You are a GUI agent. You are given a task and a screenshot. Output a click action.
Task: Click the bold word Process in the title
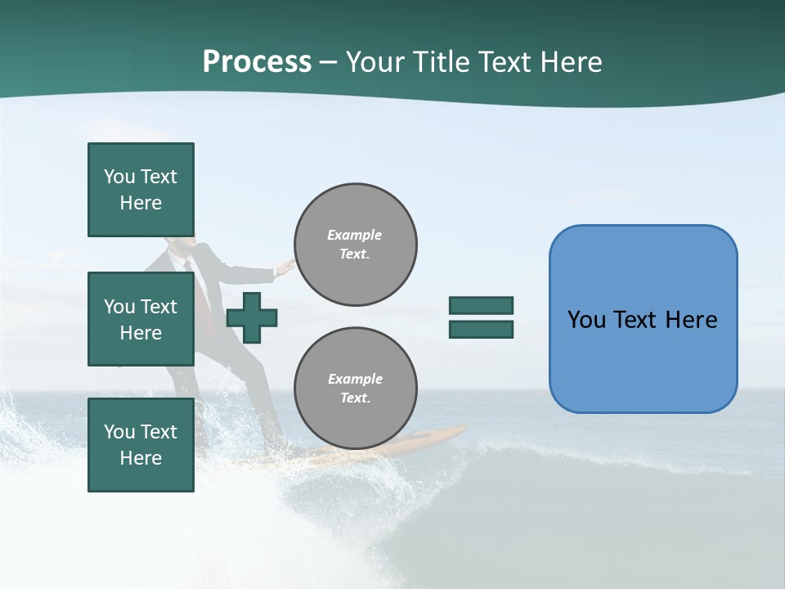click(257, 62)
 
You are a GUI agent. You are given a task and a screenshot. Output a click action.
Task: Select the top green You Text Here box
click(141, 190)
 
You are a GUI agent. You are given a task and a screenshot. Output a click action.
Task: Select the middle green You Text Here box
click(141, 319)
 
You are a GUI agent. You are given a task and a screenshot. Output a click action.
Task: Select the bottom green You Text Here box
click(141, 445)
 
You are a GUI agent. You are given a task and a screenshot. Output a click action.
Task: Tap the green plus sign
click(252, 317)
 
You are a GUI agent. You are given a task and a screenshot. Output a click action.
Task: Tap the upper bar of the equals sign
click(481, 305)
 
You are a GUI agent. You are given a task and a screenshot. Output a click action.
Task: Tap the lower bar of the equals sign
click(481, 330)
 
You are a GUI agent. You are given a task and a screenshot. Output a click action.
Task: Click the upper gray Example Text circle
click(356, 245)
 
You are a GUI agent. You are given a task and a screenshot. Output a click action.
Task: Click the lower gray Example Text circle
click(356, 389)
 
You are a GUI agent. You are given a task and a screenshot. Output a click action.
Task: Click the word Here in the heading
click(571, 62)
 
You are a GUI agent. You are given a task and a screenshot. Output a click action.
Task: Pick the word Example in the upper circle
click(354, 235)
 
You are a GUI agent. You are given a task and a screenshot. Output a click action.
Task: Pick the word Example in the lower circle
click(355, 379)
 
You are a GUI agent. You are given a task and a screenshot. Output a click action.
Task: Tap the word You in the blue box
click(586, 320)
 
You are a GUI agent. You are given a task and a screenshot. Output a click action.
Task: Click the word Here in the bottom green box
click(141, 458)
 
